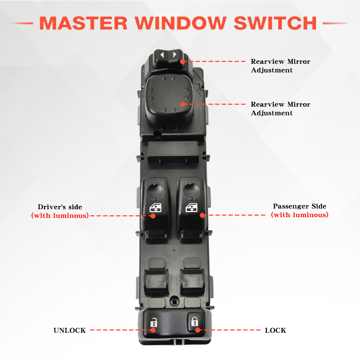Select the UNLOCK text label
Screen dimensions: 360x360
[69, 330]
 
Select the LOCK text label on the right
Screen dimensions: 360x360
[275, 330]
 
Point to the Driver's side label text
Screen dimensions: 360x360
[60, 207]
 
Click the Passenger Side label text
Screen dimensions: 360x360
[300, 206]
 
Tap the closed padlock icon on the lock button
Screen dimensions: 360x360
[194, 320]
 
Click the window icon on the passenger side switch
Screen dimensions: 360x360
[191, 208]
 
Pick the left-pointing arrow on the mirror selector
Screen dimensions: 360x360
[162, 55]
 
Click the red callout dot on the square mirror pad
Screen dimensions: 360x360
[183, 104]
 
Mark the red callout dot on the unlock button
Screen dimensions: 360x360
[153, 330]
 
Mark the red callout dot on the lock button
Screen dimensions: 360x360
[196, 330]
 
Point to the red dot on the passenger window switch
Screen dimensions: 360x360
[202, 215]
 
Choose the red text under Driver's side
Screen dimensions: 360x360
[60, 216]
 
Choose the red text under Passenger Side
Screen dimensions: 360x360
[300, 215]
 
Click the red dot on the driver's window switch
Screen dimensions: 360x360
[153, 216]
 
